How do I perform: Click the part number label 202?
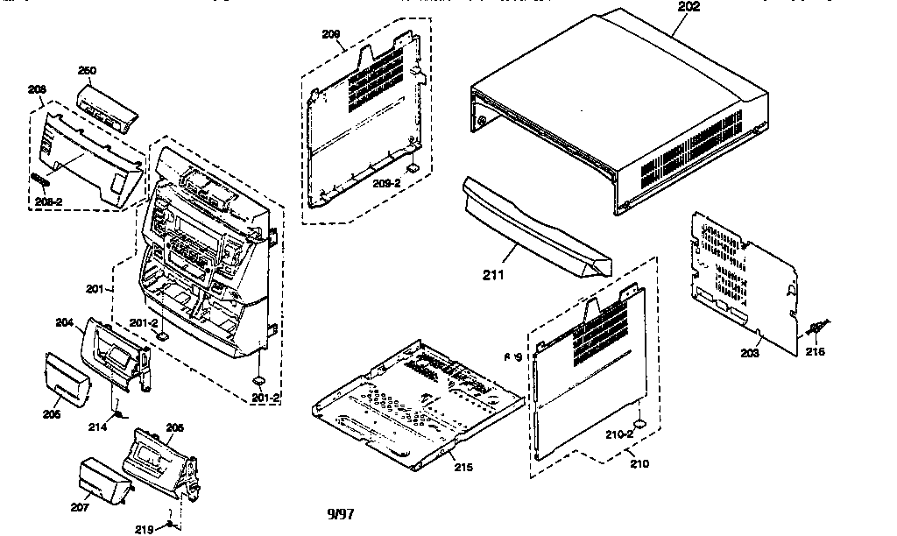tap(689, 6)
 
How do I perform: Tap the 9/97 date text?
tap(341, 513)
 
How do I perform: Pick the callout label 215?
tap(463, 467)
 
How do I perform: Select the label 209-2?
tap(387, 184)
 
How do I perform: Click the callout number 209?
tap(330, 35)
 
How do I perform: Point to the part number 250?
tap(88, 71)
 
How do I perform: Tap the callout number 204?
tap(64, 322)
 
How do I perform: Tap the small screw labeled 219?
tap(169, 524)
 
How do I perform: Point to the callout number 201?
tap(97, 288)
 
